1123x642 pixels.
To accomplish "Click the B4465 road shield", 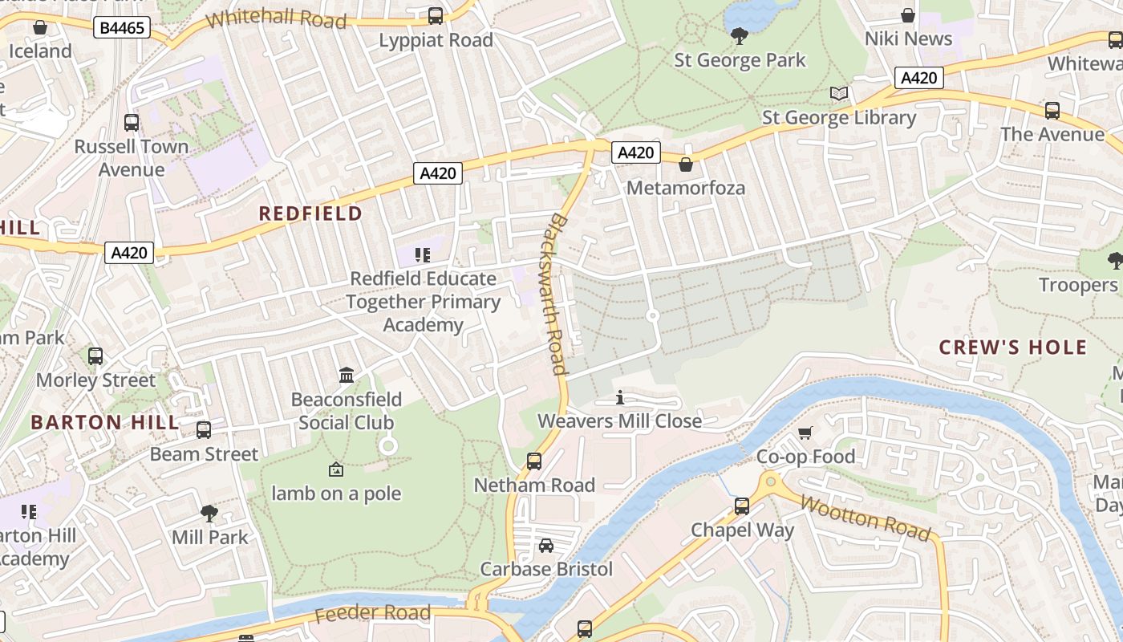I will click(122, 29).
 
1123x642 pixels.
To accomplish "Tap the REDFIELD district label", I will click(310, 213).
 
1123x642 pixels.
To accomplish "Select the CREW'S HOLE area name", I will click(1012, 347).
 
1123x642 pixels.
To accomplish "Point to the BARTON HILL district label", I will click(93, 422).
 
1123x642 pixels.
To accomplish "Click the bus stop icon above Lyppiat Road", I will click(436, 15).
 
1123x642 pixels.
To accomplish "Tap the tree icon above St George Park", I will click(740, 35).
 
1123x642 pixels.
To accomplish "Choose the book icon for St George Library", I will click(839, 94).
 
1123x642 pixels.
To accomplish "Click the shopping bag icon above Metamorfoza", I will click(685, 165).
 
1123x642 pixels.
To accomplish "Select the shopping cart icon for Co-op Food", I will click(805, 433).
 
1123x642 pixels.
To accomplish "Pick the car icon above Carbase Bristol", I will click(546, 546).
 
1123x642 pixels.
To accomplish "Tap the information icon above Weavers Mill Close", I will click(619, 397).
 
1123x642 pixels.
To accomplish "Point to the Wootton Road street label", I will click(866, 518).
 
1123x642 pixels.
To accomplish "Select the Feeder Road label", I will click(372, 614).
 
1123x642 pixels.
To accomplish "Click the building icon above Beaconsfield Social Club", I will click(347, 376).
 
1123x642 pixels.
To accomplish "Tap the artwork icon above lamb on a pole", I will click(336, 469).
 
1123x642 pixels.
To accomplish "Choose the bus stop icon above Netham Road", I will click(534, 461).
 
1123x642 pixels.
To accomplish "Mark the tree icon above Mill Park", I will click(209, 513).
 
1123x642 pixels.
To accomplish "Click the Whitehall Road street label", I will click(276, 18).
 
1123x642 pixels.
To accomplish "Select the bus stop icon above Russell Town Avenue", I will click(132, 123).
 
